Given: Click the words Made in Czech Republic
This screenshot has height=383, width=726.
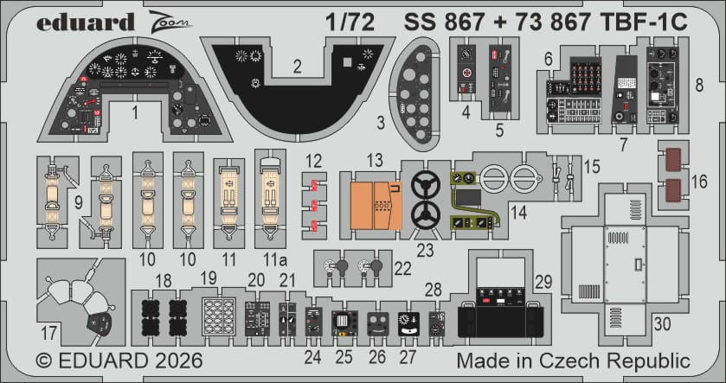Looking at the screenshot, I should pos(573,359).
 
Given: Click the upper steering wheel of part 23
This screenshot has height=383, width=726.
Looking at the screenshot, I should pos(425,185).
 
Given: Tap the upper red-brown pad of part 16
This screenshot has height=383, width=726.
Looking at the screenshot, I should pos(678,161).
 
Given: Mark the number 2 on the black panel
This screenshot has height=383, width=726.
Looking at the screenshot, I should pos(296,66).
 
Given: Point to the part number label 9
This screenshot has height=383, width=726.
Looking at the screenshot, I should pos(78,203).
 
